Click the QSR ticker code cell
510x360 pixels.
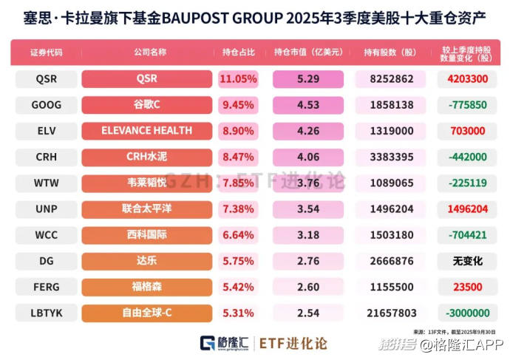(47, 78)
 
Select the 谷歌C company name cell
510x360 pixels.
(146, 105)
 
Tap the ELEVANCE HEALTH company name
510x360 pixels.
(146, 131)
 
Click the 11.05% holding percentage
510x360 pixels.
(239, 78)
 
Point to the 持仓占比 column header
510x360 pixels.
(239, 53)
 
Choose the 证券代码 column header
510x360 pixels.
(47, 53)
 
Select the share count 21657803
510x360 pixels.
(389, 313)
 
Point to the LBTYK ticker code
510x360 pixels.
(47, 313)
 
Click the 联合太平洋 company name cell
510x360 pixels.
(146, 208)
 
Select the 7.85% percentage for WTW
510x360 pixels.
(239, 183)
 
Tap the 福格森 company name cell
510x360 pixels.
(146, 287)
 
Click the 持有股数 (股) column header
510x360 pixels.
(389, 53)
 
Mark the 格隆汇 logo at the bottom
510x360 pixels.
(224, 342)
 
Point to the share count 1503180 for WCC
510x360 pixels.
(389, 235)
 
